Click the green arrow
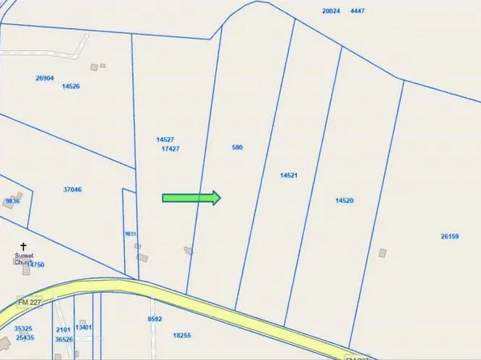click(x=192, y=198)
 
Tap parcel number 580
click(x=237, y=148)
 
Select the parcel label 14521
click(x=290, y=175)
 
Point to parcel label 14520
click(x=345, y=200)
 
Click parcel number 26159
click(x=450, y=237)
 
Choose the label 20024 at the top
click(x=332, y=11)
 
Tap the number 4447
click(x=358, y=11)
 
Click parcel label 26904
click(x=44, y=78)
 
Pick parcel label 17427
click(x=170, y=149)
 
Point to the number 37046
click(x=73, y=190)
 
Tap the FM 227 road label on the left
click(x=30, y=303)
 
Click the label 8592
click(x=155, y=320)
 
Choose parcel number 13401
click(x=84, y=327)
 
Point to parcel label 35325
click(x=23, y=329)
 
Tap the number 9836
click(x=12, y=200)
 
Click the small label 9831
click(x=129, y=234)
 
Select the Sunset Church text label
click(x=24, y=258)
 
